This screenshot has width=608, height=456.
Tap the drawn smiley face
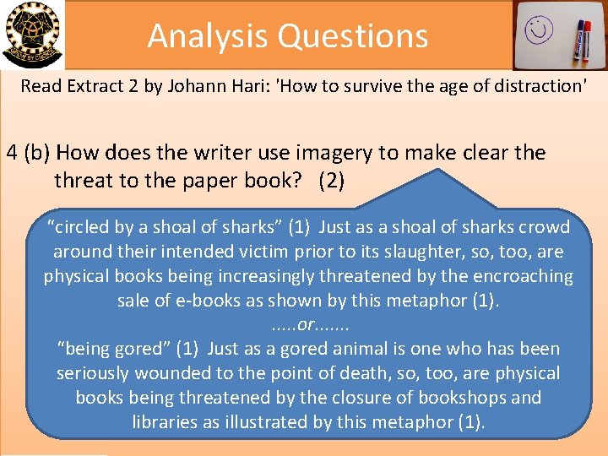(537, 30)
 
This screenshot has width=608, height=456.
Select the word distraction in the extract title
(537, 86)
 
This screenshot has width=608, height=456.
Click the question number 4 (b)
(28, 154)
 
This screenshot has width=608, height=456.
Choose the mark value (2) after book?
(331, 181)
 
